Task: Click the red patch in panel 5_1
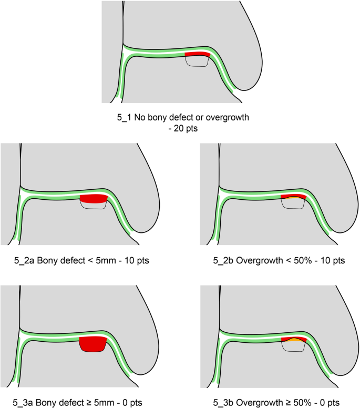(x=197, y=54)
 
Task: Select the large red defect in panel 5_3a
(x=92, y=345)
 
